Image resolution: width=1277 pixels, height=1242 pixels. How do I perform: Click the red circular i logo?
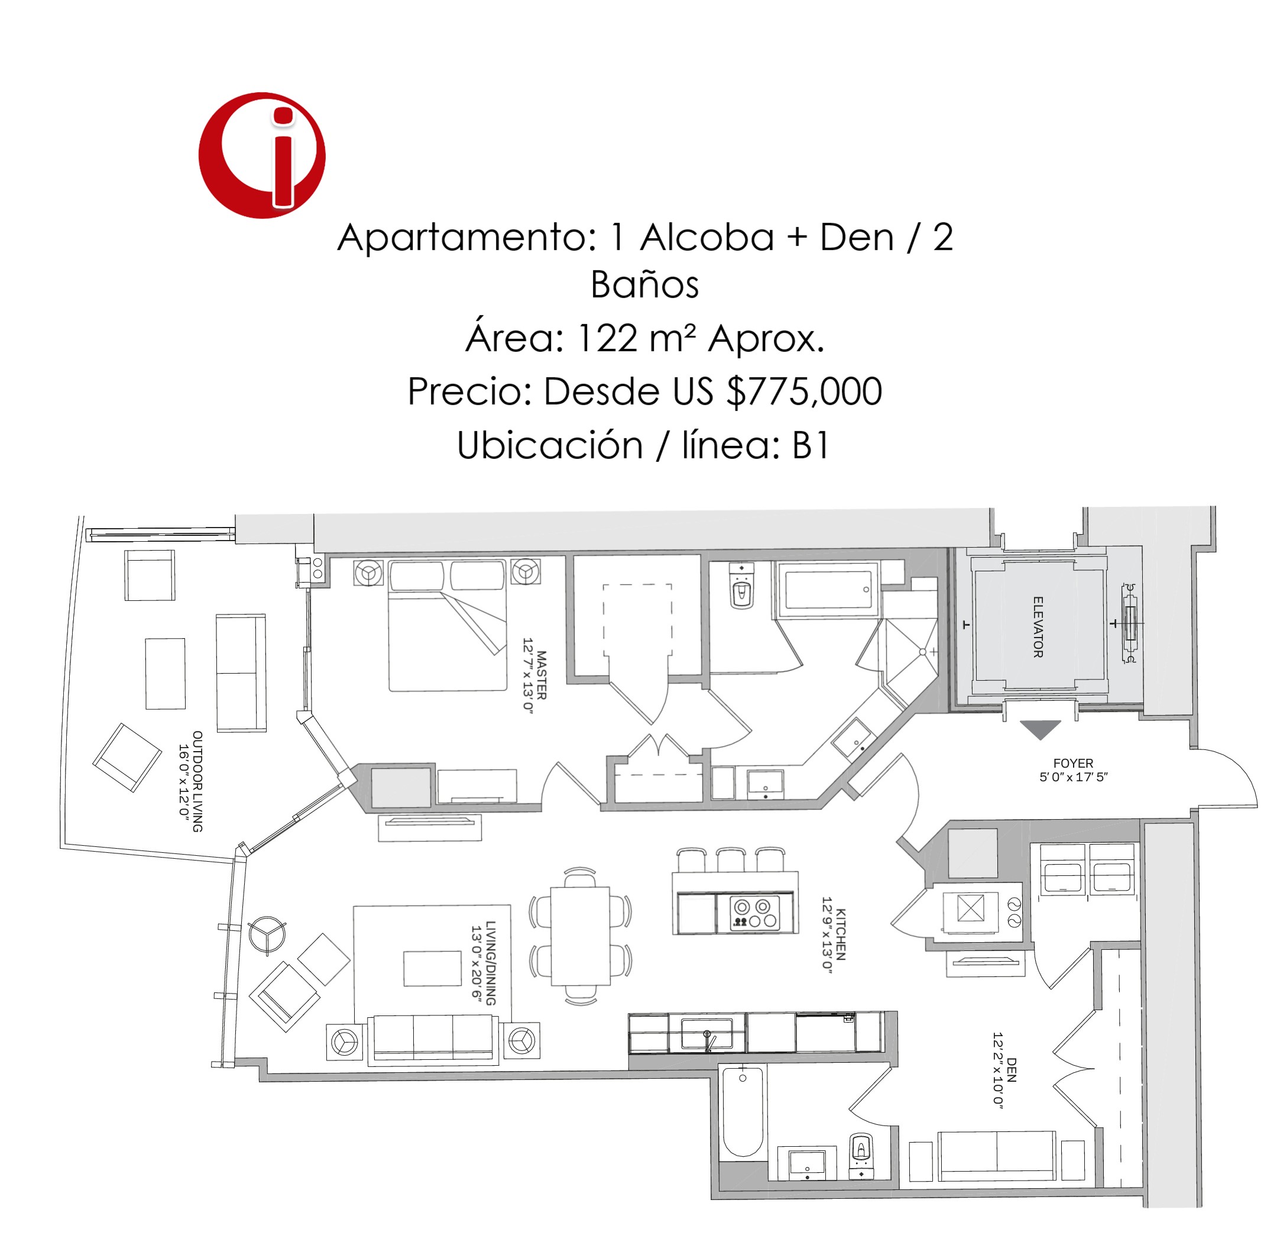[262, 155]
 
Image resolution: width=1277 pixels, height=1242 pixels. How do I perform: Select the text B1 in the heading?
[811, 445]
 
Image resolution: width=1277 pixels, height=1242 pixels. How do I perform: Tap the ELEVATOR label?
[1038, 627]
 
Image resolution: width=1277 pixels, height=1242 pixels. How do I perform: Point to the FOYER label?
[1073, 763]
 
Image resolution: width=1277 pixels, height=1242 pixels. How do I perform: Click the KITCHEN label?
[841, 934]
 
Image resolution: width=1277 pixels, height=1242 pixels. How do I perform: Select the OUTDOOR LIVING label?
[197, 781]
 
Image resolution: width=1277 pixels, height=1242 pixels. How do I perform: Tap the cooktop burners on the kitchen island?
[755, 913]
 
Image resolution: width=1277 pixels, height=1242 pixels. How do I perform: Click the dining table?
[580, 936]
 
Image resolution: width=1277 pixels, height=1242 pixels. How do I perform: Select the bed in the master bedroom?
[448, 625]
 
